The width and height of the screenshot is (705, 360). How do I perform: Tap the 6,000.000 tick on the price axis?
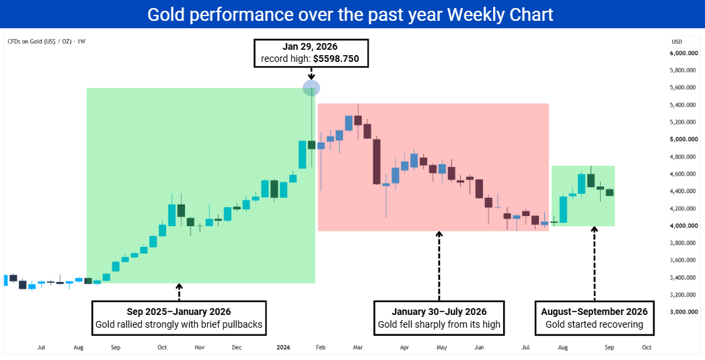683,53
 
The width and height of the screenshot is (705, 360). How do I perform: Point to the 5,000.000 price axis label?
683,139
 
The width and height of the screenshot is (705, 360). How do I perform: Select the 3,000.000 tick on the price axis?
683,312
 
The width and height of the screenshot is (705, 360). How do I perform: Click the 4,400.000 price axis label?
683,191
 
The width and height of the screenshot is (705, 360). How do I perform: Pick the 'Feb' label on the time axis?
321,347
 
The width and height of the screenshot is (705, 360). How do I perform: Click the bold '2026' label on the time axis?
283,347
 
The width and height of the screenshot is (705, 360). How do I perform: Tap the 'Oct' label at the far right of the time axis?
646,347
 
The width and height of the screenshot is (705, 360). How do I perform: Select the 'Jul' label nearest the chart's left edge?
41,347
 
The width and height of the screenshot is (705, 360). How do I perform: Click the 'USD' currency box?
677,42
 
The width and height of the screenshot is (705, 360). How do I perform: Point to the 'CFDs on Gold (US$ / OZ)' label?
40,42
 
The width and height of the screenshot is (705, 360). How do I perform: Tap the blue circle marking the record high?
311,87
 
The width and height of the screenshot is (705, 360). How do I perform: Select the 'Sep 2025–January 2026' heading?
179,312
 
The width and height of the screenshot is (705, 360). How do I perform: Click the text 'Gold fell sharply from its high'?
439,324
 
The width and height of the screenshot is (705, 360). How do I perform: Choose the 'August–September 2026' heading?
595,312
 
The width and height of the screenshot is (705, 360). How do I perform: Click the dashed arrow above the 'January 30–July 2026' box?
439,266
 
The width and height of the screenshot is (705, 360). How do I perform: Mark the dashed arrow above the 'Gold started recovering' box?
595,263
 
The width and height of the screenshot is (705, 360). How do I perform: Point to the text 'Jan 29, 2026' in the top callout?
310,46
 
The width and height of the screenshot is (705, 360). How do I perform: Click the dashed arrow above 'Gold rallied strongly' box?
179,292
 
